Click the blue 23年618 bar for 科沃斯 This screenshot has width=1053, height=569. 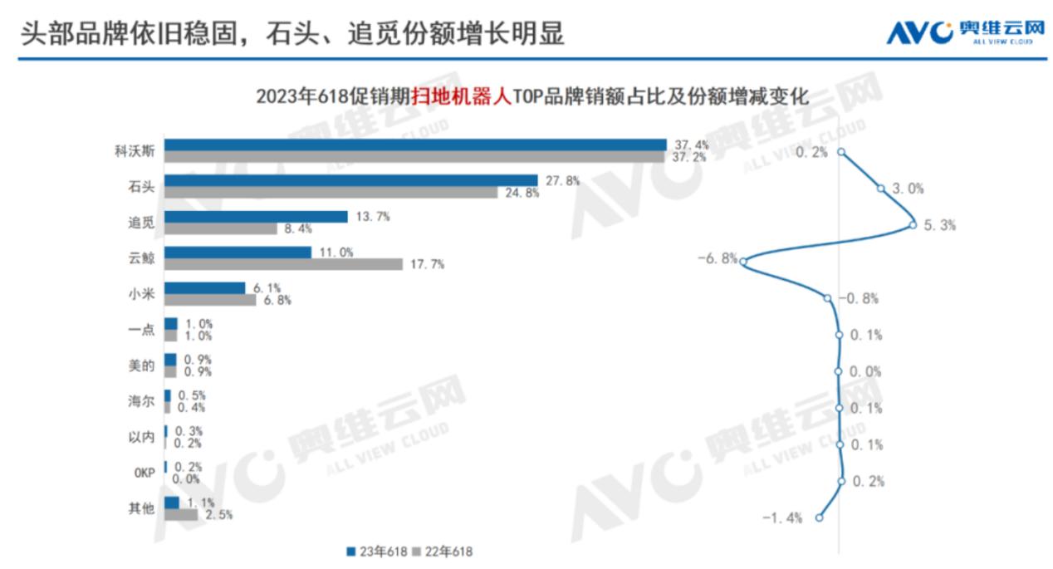pos(415,145)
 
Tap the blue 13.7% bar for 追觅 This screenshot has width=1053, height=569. pos(256,217)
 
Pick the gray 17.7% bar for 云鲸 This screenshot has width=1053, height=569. pos(283,264)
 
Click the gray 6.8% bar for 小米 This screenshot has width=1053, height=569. pos(210,300)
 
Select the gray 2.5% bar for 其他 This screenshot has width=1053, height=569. pos(181,515)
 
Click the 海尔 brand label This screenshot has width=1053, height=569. pos(141,402)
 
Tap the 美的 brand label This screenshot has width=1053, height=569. pos(141,365)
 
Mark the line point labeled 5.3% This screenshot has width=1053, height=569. pos(913,224)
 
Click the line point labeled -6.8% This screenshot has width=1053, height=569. pos(743,262)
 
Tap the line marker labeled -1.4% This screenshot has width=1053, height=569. pos(820,517)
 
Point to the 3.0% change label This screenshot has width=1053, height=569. pos(908,189)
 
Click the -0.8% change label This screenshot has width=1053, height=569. pos(860,298)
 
